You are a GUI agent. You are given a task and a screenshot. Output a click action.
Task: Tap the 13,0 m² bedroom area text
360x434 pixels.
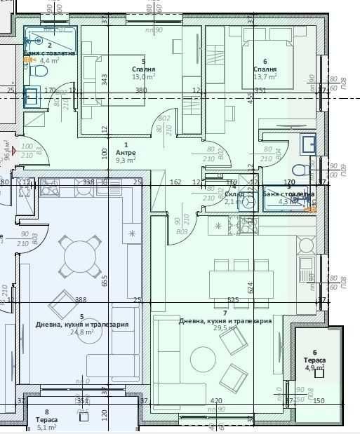[143, 77]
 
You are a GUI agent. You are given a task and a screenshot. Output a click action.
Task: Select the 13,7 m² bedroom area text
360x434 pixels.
[265, 77]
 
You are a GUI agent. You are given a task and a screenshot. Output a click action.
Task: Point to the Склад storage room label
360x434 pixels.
[234, 194]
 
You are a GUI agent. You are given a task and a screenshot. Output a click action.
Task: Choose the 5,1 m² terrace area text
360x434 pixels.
[46, 427]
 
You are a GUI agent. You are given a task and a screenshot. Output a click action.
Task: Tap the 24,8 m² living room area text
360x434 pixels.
[82, 332]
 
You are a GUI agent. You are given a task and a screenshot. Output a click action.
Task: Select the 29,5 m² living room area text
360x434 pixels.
[225, 328]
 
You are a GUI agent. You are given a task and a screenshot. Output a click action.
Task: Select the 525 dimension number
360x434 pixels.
[234, 301]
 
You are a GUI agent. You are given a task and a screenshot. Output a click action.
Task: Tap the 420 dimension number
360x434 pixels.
[217, 402]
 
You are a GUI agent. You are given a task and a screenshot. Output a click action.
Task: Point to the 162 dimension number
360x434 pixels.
[175, 182]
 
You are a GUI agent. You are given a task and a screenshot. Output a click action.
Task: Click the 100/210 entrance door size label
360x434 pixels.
[27, 150]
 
